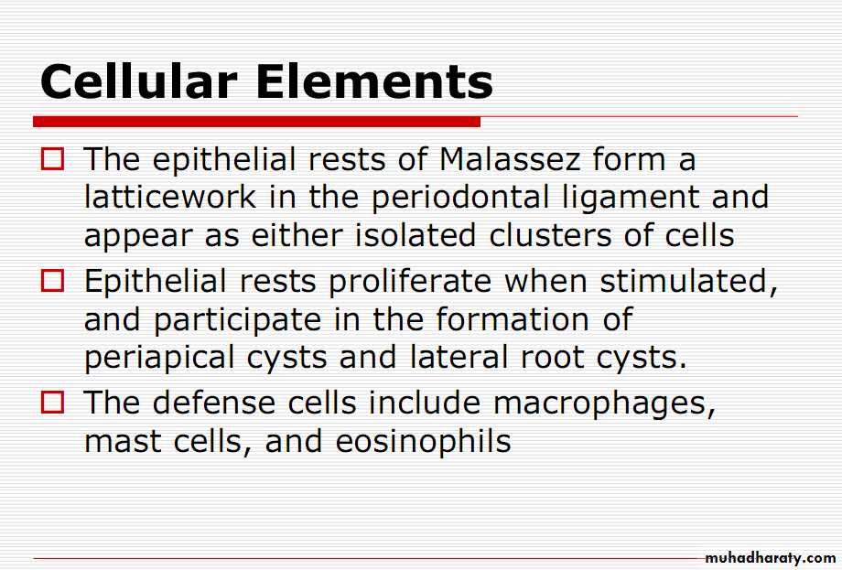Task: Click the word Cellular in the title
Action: [138, 81]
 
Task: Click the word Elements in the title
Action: [374, 81]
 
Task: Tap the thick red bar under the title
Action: [256, 122]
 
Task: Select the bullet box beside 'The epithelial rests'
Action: [53, 159]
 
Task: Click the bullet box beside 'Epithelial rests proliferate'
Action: [53, 281]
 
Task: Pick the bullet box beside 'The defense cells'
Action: [53, 402]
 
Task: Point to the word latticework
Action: [170, 197]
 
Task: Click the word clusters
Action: [550, 235]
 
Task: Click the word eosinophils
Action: [423, 442]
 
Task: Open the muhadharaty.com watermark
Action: [770, 558]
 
